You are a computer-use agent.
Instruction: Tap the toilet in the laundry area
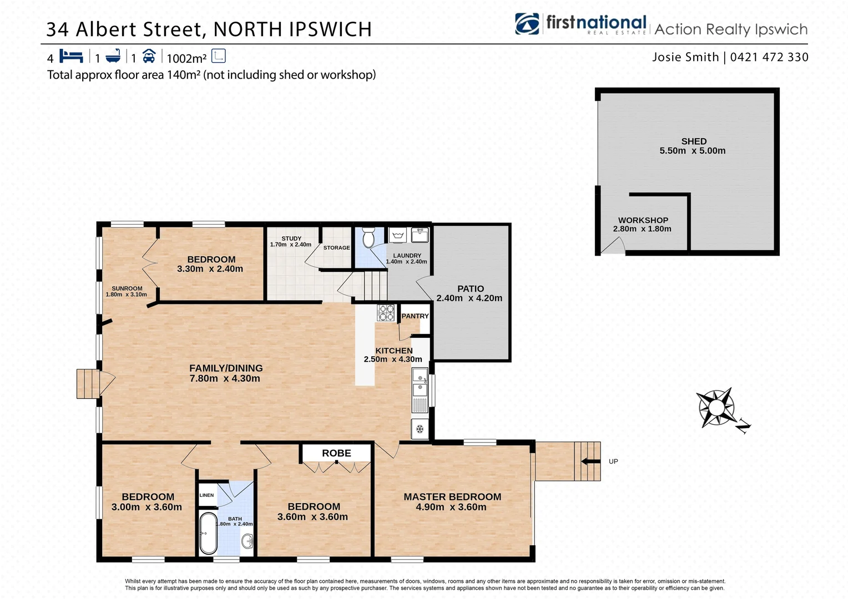[369, 238]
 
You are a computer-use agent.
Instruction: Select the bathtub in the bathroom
[208, 533]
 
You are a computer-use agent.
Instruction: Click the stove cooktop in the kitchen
[386, 313]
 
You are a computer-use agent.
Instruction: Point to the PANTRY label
[415, 316]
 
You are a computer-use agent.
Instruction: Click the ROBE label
[336, 453]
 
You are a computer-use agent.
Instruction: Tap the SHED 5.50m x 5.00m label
[693, 146]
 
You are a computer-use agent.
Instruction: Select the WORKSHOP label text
[643, 220]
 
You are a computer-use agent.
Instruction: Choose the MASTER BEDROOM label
[452, 497]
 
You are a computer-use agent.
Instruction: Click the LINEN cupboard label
[206, 495]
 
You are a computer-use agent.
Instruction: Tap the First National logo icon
[527, 24]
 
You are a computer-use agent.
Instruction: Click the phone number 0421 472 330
[769, 57]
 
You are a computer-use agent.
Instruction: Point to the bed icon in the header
[71, 56]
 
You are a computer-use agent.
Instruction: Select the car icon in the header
[149, 56]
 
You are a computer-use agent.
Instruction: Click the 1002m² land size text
[186, 58]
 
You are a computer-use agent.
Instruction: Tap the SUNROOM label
[127, 288]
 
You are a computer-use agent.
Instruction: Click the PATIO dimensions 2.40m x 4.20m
[469, 298]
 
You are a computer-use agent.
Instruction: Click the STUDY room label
[291, 238]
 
